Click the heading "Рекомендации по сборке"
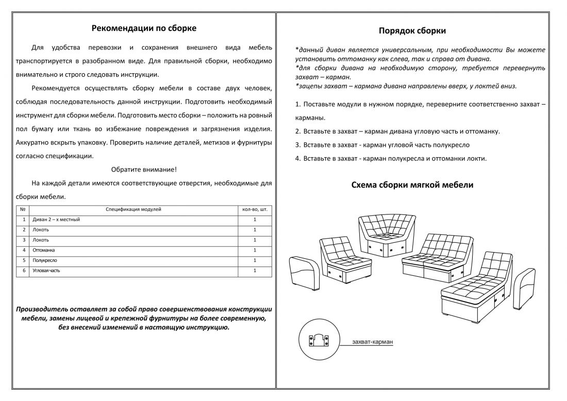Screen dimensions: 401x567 pyautogui.click(x=144, y=28)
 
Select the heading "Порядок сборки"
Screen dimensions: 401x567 pyautogui.click(x=412, y=31)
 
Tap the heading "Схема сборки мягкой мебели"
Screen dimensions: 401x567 pyautogui.click(x=412, y=185)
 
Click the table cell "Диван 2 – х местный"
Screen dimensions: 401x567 pyautogui.click(x=57, y=220)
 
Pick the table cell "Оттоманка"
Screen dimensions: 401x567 pyautogui.click(x=44, y=250)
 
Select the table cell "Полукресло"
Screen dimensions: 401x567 pyautogui.click(x=45, y=260)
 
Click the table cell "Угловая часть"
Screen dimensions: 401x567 pyautogui.click(x=46, y=271)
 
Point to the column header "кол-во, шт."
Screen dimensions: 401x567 pyautogui.click(x=255, y=210)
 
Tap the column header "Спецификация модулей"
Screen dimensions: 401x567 pyautogui.click(x=134, y=210)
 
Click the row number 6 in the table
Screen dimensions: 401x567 pyautogui.click(x=24, y=271)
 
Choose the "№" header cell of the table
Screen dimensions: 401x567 pyautogui.click(x=23, y=210)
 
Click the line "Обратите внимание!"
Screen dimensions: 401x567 pyautogui.click(x=144, y=169)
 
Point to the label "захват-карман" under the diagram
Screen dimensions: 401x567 pyautogui.click(x=373, y=342)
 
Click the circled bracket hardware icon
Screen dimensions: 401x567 pyautogui.click(x=319, y=340)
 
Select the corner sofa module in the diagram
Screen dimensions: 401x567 pyautogui.click(x=387, y=235)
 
